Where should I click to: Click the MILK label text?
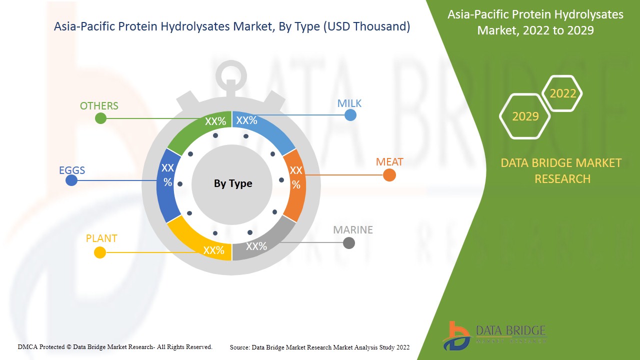(349, 103)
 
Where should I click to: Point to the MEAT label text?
(389, 162)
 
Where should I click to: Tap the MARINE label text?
(353, 230)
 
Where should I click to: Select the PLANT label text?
(101, 238)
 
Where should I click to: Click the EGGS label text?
(72, 170)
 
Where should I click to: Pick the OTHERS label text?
(99, 106)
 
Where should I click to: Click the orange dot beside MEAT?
(389, 175)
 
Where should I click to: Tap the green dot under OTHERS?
(100, 118)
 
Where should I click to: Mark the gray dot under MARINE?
(349, 243)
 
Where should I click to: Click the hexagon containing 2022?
(562, 93)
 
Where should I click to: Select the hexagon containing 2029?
(525, 116)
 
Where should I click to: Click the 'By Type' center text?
(233, 183)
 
